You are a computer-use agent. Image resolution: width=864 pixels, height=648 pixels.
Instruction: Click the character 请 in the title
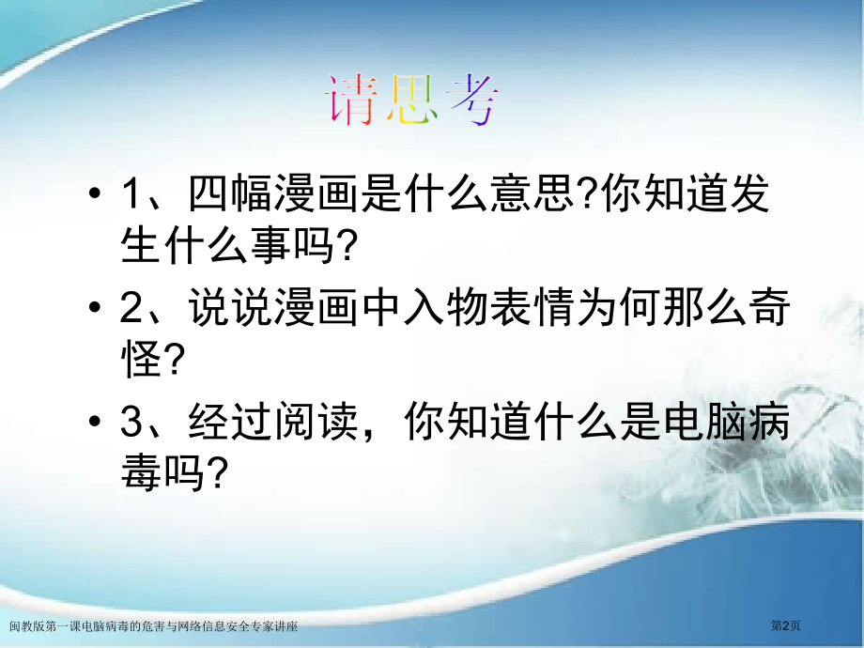pos(354,100)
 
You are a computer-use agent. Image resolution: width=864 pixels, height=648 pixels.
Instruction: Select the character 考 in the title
pos(471,100)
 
